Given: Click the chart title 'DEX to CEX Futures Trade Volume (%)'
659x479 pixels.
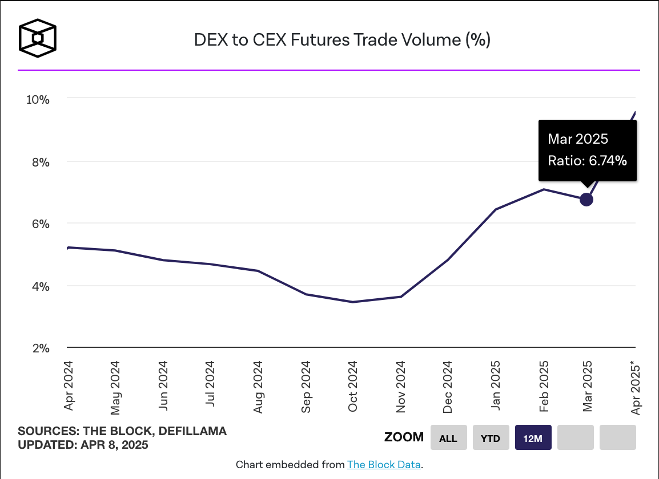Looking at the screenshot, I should click(342, 40).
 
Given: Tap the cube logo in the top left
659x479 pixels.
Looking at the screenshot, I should click(38, 39).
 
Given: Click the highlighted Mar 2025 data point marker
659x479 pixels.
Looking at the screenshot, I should click(586, 200).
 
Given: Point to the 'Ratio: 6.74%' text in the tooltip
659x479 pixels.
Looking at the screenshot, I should click(587, 161).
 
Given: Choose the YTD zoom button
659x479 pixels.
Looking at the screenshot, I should click(491, 438).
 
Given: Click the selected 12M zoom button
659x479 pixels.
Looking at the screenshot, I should click(533, 438).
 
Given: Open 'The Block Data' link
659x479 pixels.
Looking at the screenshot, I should click(384, 465).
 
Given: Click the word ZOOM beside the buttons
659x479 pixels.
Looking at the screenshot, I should click(404, 437).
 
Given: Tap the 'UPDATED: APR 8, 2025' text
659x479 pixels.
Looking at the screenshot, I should click(83, 445).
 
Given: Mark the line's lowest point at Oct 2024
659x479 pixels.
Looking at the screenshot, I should click(353, 302).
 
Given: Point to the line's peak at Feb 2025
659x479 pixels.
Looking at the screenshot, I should click(544, 189).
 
